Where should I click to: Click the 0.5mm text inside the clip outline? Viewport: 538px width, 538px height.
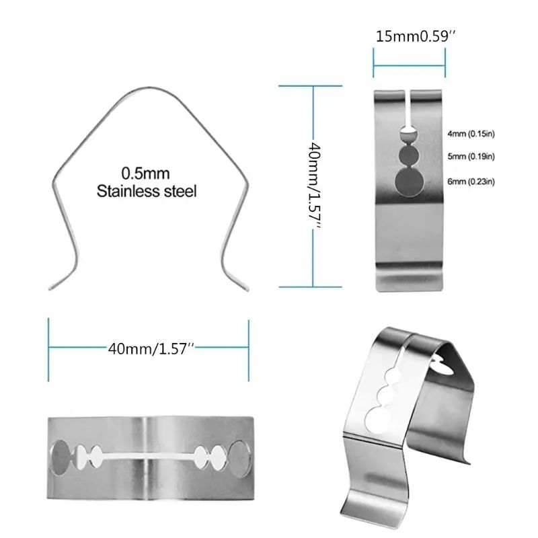[x=146, y=171]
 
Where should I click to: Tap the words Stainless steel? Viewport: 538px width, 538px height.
[x=147, y=191]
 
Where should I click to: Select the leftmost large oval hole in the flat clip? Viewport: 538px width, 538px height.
[x=61, y=457]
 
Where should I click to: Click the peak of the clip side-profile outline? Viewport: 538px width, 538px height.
[x=149, y=89]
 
